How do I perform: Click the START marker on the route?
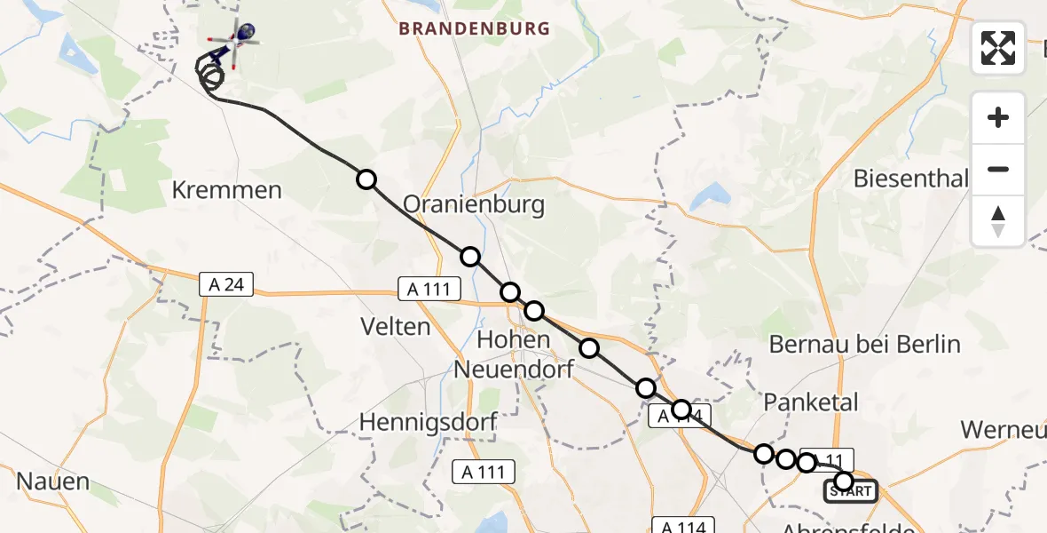coord(851,490)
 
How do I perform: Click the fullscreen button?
coord(998,48)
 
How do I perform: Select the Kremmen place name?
coord(227,190)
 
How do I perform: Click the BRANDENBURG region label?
coord(474,28)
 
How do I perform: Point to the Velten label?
coord(396,327)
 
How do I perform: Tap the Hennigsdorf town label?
coord(428,423)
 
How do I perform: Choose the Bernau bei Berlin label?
coord(865,344)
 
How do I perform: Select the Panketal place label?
coord(811,402)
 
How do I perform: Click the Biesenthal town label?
coord(910,179)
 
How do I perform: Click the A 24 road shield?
coord(226,284)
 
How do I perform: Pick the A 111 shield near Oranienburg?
coord(429,288)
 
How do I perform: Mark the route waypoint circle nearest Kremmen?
coord(366,179)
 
